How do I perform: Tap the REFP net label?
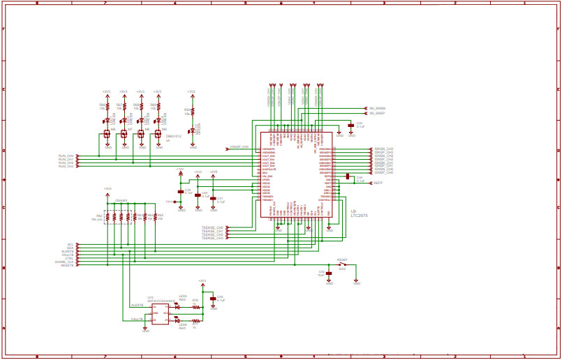[x=378, y=182]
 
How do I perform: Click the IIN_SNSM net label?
[x=377, y=108]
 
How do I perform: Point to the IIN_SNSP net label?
[x=377, y=112]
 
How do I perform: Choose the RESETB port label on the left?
[x=68, y=266]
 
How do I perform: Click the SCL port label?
[x=71, y=245]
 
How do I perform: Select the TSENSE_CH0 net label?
[x=212, y=227]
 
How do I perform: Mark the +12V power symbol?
[x=180, y=170]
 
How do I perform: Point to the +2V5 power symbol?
[x=214, y=172]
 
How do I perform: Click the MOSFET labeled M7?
[x=124, y=133]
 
